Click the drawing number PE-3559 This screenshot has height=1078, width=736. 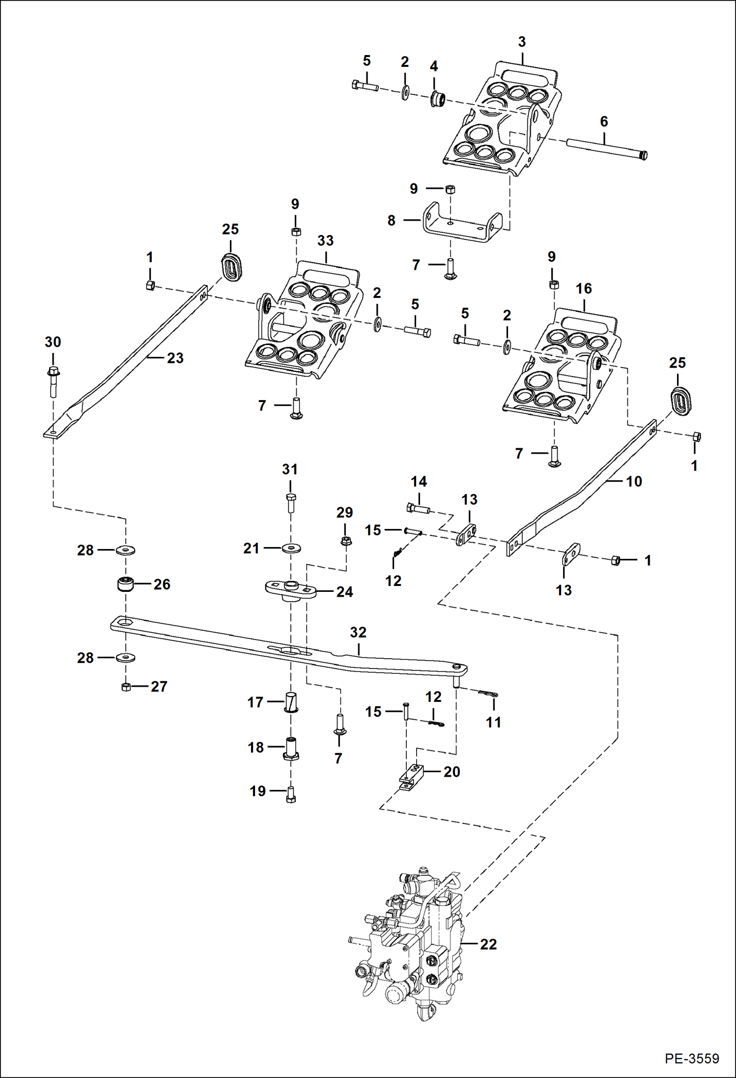coord(692,1058)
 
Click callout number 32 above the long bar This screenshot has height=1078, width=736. coord(358,632)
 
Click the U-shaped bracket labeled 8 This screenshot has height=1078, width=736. coord(462,224)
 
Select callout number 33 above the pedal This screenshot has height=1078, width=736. coord(325,240)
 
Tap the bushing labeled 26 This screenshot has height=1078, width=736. coord(126,585)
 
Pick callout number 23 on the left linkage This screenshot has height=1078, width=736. coord(175,358)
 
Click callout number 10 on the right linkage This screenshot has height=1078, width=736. coord(634,481)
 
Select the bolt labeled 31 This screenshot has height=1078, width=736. coord(290,502)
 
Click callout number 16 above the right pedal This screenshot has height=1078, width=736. coord(584,289)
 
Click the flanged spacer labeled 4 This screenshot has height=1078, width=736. coord(437,98)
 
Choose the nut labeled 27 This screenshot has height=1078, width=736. coord(126,687)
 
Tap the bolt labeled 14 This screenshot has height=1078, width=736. coord(418,508)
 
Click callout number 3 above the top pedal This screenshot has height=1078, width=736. coord(522,42)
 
